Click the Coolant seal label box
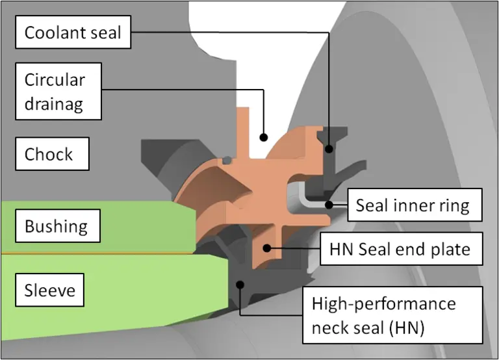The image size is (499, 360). [x=73, y=32]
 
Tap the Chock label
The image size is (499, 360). [x=49, y=155]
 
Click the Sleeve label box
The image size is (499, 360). [x=50, y=290]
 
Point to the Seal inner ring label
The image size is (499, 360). [x=413, y=206]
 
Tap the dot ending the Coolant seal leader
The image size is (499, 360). [x=330, y=148]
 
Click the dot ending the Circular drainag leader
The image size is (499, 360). [x=264, y=136]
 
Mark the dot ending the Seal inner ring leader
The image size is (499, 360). [x=330, y=205]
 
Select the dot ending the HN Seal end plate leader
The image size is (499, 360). [x=266, y=248]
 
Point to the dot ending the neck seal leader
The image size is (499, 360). [x=240, y=283]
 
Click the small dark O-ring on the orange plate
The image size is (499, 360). [x=225, y=160]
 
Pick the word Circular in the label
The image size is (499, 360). [x=55, y=80]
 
